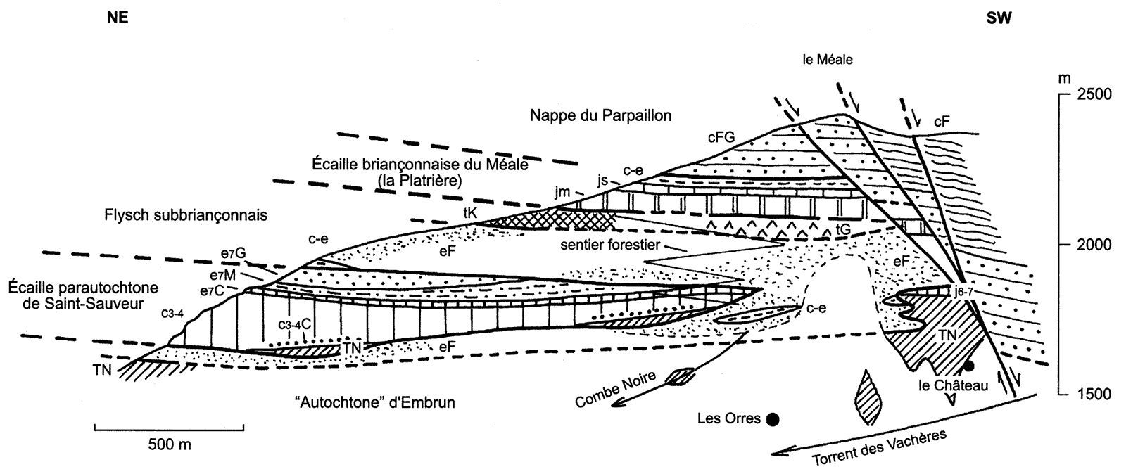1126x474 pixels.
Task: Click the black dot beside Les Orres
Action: [x=773, y=420]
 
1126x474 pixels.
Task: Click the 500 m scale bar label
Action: [x=170, y=444]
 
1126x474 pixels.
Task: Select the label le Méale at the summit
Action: [x=828, y=60]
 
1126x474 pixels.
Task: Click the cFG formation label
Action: [x=721, y=138]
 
